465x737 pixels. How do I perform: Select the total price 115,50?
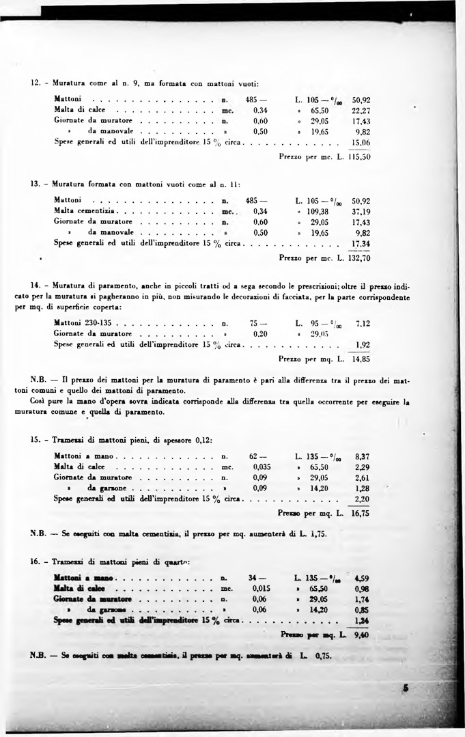[359, 156]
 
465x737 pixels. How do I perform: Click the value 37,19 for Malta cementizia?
[359, 212]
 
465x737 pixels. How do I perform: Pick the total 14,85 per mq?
[361, 357]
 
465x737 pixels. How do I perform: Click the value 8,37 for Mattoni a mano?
[362, 456]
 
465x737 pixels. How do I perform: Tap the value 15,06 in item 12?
[359, 142]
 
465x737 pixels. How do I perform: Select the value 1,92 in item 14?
[362, 344]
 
